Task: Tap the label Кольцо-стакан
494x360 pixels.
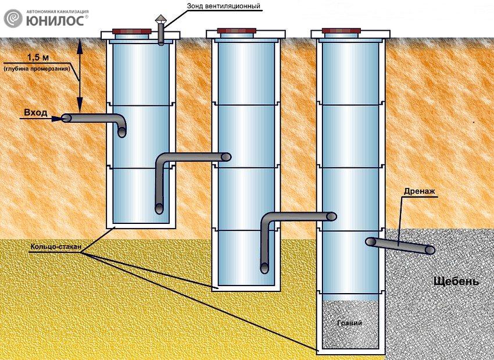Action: pyautogui.click(x=51, y=246)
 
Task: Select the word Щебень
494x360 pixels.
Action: pyautogui.click(x=456, y=282)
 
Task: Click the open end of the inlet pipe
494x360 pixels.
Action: pyautogui.click(x=66, y=118)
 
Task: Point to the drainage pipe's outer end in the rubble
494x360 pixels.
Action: pyautogui.click(x=430, y=249)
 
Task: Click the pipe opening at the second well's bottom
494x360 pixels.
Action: pyautogui.click(x=264, y=268)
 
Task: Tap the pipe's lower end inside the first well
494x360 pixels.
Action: pyautogui.click(x=159, y=208)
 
